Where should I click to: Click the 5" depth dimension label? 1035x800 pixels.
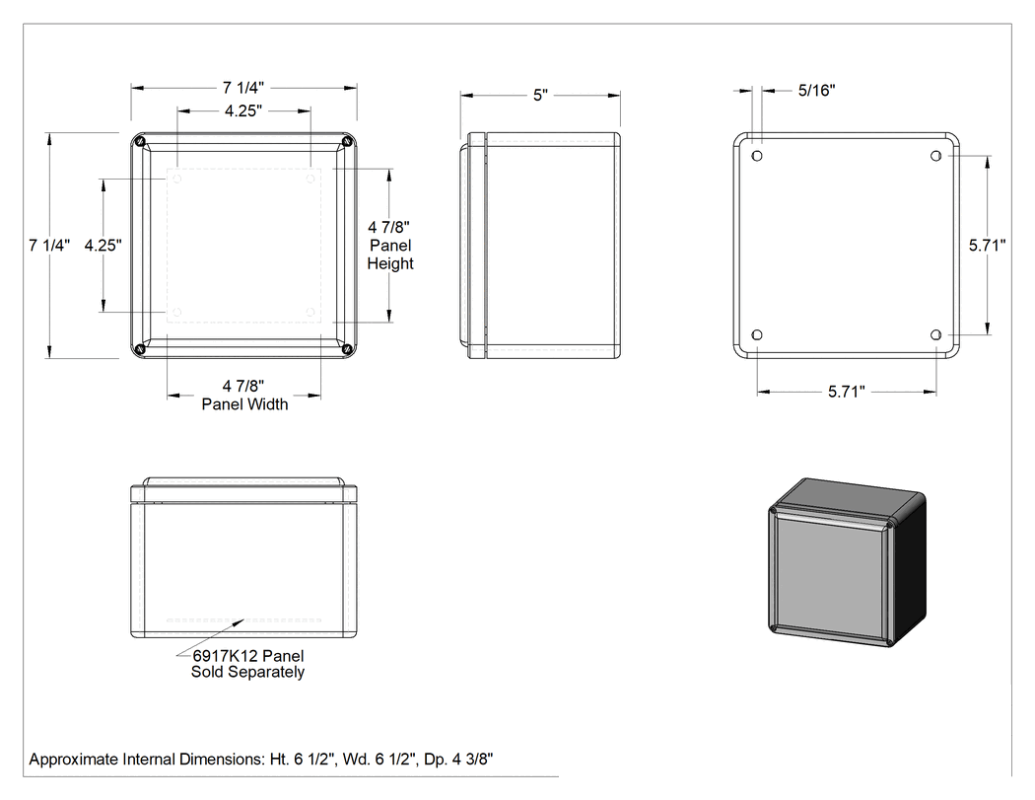click(x=540, y=95)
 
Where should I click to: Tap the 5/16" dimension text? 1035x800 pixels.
click(x=816, y=91)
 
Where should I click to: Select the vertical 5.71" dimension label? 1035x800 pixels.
click(x=987, y=245)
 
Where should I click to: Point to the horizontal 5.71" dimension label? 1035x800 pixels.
click(x=846, y=392)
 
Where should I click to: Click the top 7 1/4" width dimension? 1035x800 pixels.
click(x=242, y=87)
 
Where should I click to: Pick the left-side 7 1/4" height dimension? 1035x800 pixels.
click(x=49, y=245)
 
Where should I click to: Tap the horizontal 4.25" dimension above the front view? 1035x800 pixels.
click(x=242, y=111)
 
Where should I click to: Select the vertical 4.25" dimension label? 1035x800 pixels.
click(x=103, y=245)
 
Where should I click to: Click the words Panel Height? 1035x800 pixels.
click(x=390, y=255)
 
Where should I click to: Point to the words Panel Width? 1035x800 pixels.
click(x=244, y=404)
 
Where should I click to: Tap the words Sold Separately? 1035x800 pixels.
click(x=247, y=672)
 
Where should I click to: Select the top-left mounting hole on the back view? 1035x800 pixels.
click(x=757, y=156)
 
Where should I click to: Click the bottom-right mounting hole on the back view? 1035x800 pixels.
click(x=935, y=335)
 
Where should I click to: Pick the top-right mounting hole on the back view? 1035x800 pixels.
click(x=935, y=156)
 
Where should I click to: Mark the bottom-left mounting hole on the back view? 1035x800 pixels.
click(x=757, y=335)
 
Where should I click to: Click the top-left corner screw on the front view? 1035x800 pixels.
click(x=139, y=141)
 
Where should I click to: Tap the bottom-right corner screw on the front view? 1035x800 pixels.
click(x=348, y=349)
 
